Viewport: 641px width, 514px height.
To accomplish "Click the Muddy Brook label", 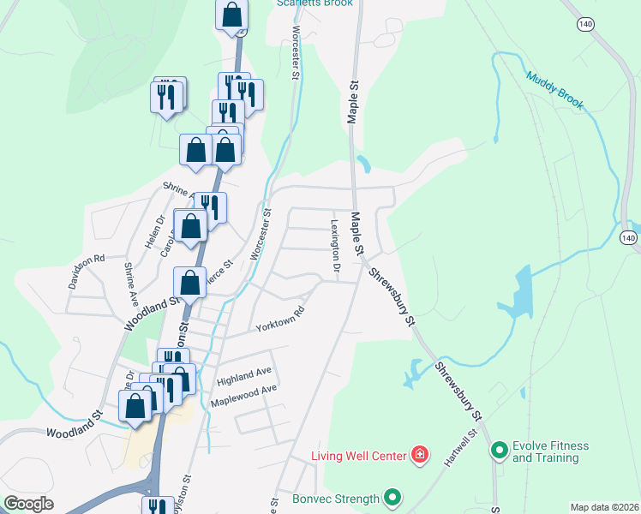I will (554, 90).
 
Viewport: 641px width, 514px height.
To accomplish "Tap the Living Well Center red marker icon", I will (420, 454).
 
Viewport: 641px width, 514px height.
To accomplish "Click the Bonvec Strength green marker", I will (392, 497).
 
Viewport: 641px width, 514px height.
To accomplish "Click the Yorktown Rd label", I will (280, 320).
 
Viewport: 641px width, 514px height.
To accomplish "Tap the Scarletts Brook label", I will (310, 3).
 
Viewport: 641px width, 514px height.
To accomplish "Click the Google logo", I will (27, 504).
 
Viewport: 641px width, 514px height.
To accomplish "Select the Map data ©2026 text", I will (604, 507).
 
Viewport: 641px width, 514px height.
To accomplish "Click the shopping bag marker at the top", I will (231, 15).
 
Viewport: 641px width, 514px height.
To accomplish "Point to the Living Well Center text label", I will (358, 455).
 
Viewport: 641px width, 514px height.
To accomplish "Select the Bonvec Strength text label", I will (336, 499).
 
